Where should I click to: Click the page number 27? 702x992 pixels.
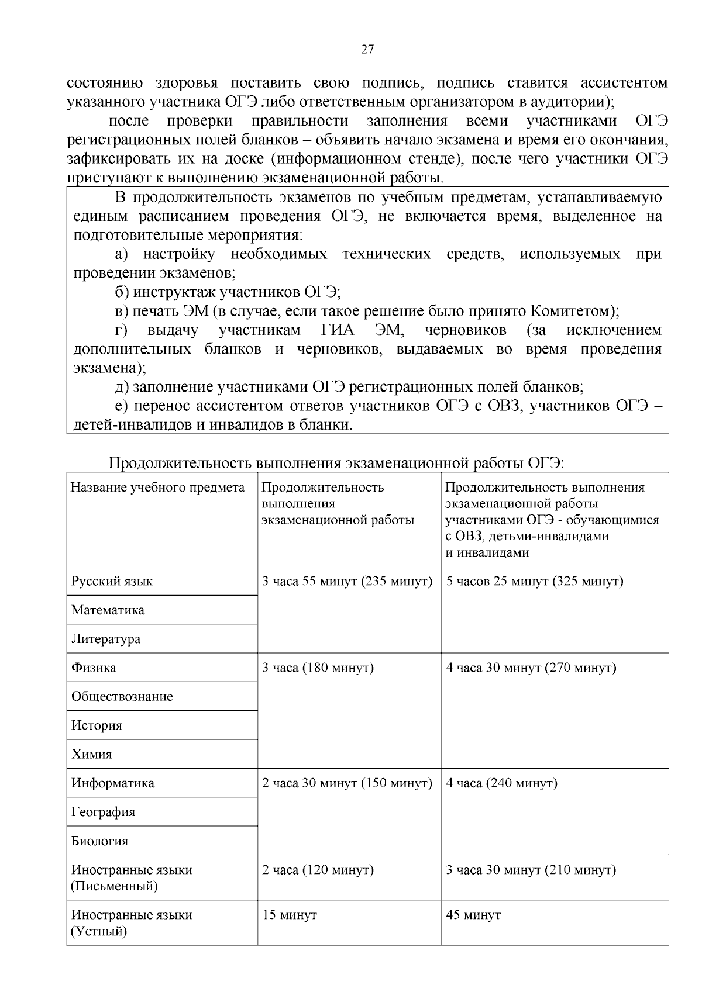coord(367,50)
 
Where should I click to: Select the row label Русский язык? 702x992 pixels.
coord(112,581)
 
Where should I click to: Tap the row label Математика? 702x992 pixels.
coord(108,610)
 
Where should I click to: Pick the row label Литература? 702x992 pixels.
coord(106,639)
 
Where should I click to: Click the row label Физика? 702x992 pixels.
coord(94,668)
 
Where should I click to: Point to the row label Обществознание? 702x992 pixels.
coord(122,696)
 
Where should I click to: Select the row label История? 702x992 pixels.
coord(97,725)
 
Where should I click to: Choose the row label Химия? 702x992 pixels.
coord(91,754)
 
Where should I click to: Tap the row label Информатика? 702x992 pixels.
coord(113,783)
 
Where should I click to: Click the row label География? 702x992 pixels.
coord(103,812)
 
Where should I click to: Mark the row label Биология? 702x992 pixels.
coord(99,841)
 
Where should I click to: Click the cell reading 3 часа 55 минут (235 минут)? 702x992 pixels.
coord(347,581)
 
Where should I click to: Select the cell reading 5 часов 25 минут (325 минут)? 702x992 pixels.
coord(534,581)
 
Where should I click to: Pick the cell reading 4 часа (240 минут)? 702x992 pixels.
coord(501,783)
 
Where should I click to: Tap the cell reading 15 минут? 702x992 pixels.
coord(289,915)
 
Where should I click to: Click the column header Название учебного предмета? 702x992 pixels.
coord(158,488)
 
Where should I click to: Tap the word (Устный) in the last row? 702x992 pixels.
coord(99,931)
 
